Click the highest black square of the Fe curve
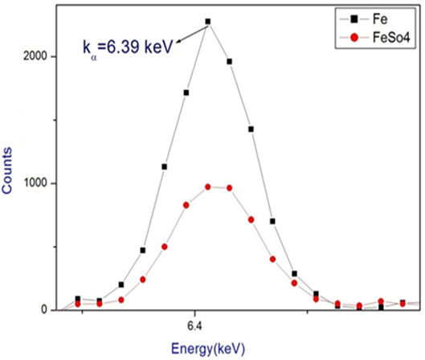[x=208, y=22]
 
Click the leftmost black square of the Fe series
[x=77, y=299]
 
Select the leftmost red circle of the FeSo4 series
[x=77, y=304]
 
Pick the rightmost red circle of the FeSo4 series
[x=403, y=303]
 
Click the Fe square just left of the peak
[x=186, y=92]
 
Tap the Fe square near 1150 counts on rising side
[x=165, y=166]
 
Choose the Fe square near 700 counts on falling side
[x=272, y=221]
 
